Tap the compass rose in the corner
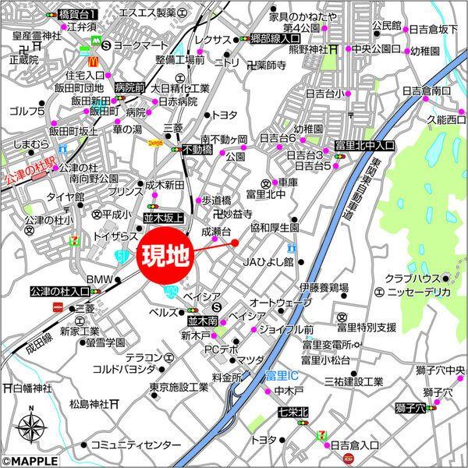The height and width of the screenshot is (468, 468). coord(30,427)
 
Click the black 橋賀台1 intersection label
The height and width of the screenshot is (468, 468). coord(78,14)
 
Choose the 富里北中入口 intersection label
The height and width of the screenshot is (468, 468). coord(364,146)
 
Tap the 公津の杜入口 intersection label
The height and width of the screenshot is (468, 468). coord(60,292)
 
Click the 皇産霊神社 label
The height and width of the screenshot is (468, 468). coord(36,35)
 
